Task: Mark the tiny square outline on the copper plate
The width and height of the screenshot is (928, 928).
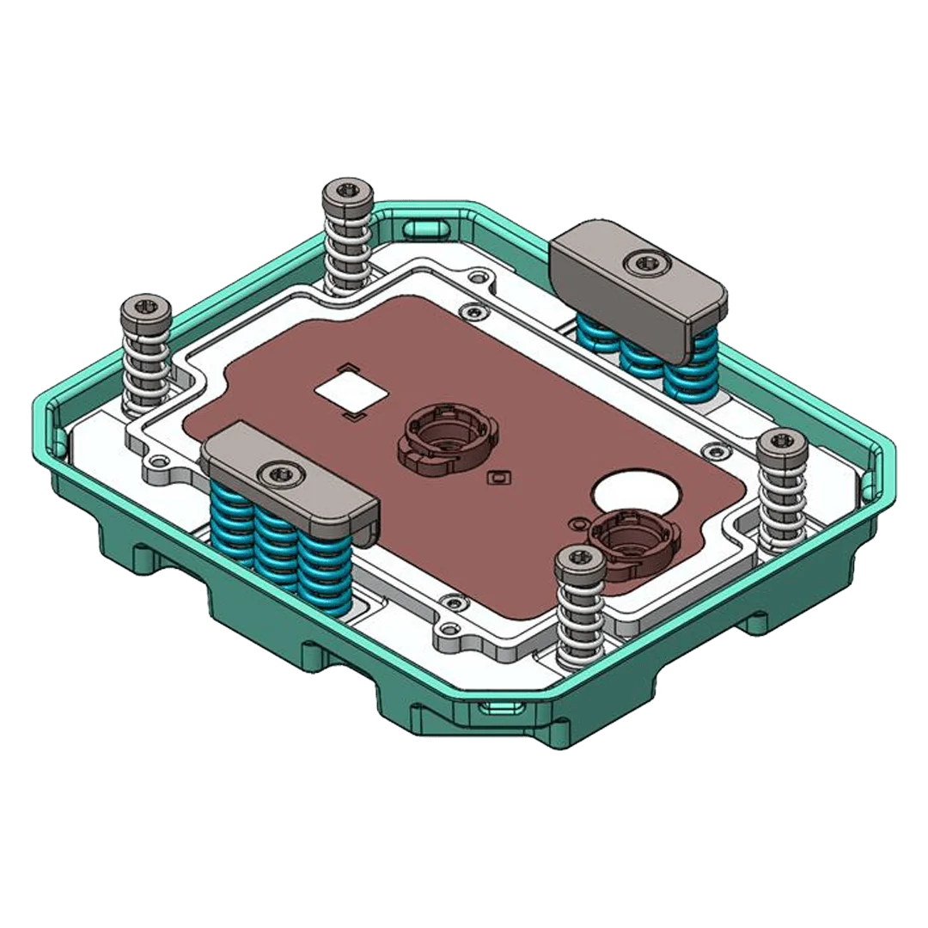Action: [x=494, y=476]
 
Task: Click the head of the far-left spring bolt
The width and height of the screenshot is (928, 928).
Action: [x=143, y=306]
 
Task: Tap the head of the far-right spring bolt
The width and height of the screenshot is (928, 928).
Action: [x=780, y=442]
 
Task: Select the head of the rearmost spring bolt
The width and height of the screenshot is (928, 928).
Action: [x=347, y=191]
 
